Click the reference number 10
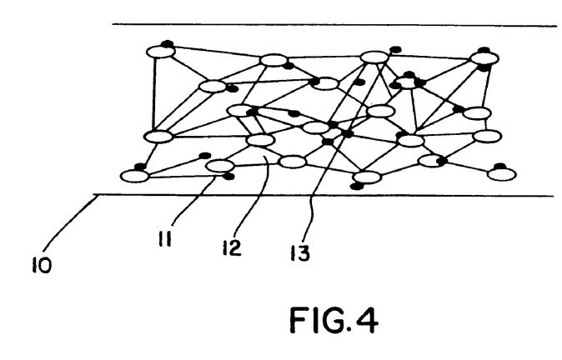coord(42,265)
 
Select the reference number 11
coord(165,239)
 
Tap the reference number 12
coord(231,247)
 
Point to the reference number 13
coord(299,252)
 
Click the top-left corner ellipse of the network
coord(161,52)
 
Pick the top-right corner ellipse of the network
coord(484,58)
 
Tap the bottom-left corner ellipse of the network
coord(135,176)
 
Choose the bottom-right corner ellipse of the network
coord(502,174)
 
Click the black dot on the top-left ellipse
coord(168,43)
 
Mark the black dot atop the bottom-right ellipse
coord(499,166)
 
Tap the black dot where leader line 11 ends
coord(228,176)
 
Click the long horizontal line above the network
coord(334,25)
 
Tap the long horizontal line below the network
coord(324,196)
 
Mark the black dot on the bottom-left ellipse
coord(140,167)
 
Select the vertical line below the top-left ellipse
coord(154,94)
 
